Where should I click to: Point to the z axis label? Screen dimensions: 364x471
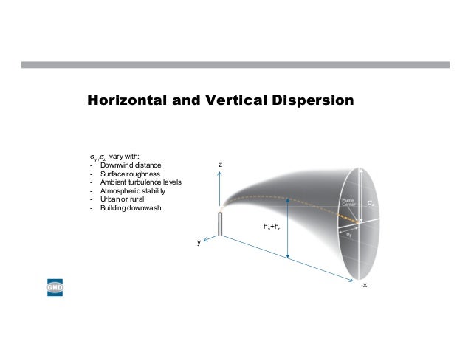pos(220,163)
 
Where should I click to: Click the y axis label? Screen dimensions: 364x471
pos(198,242)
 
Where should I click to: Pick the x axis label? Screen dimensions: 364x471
pos(363,285)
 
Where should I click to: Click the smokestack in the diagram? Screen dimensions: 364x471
pos(220,224)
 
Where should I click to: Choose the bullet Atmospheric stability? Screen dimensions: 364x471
pos(133,191)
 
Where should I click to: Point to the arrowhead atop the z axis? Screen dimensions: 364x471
pos(220,172)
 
